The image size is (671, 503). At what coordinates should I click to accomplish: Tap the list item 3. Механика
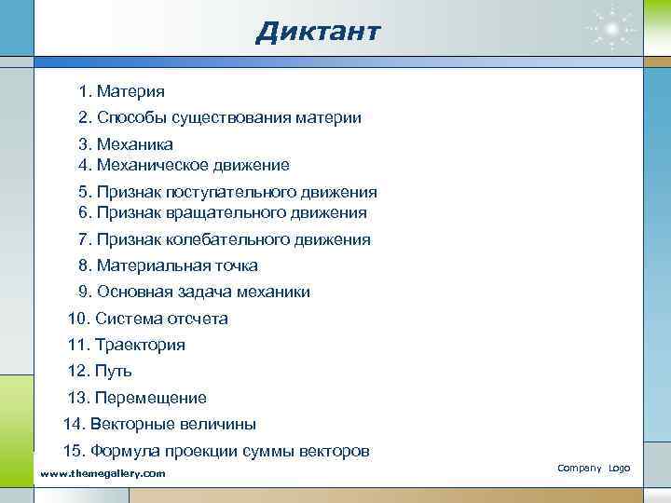coord(126,145)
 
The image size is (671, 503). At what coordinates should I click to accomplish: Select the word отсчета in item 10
coord(197,319)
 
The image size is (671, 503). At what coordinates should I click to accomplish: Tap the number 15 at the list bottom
coord(72,451)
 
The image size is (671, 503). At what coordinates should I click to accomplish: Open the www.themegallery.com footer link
coord(103,473)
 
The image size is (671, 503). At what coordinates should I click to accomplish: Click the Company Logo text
coord(594,467)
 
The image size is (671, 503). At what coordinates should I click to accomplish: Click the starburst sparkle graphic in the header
coord(612,30)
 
